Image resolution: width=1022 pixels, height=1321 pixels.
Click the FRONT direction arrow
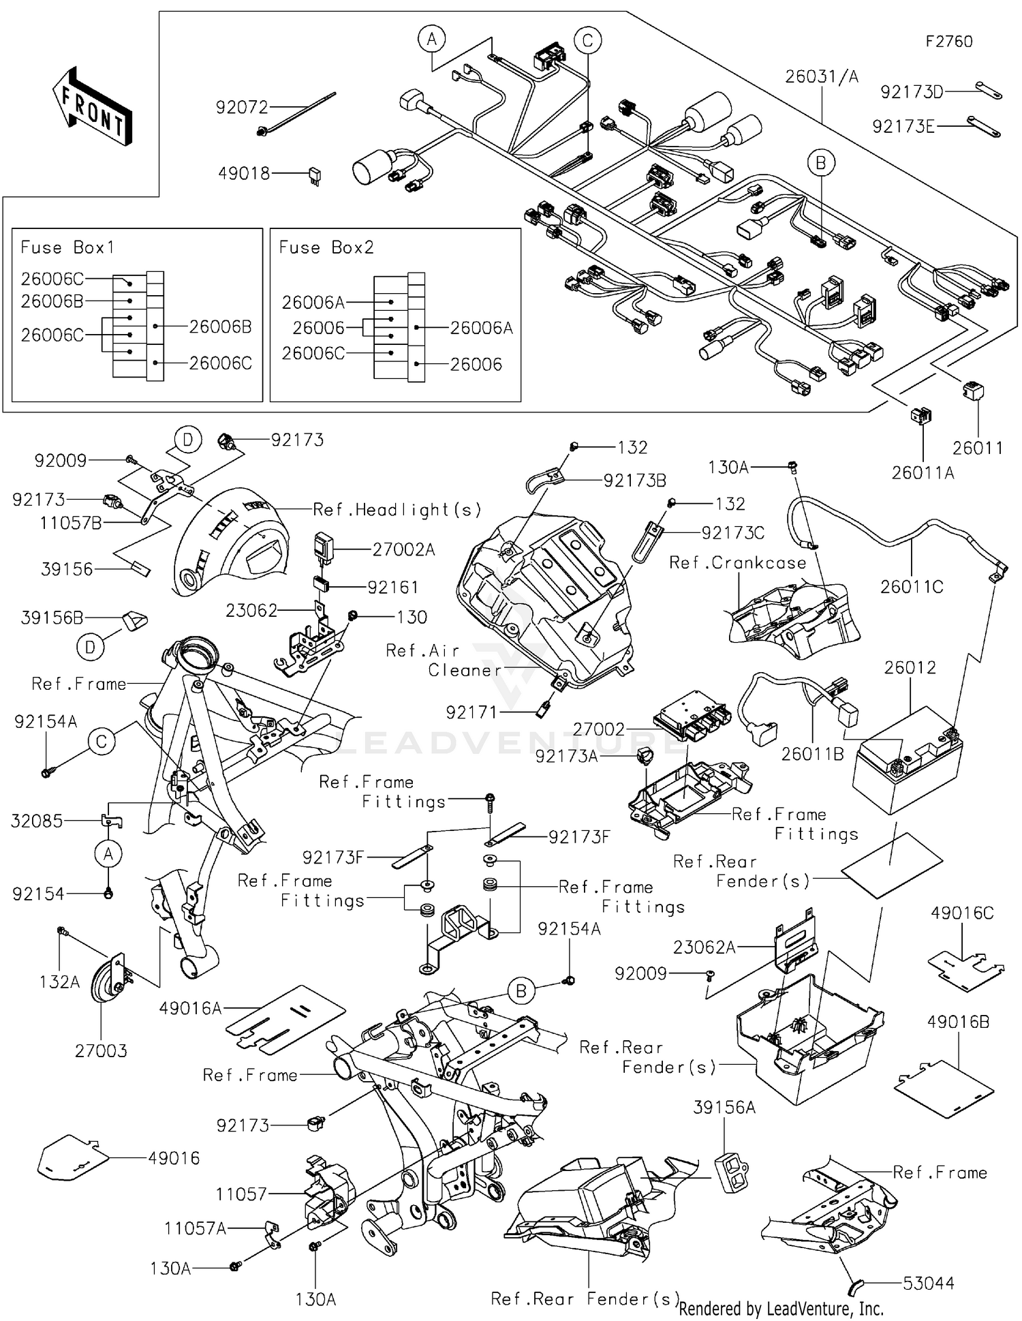tap(93, 106)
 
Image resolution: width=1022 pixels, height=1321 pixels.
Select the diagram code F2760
tap(948, 42)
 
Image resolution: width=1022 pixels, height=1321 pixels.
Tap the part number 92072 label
tap(242, 107)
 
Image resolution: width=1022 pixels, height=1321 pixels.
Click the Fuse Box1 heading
tap(67, 247)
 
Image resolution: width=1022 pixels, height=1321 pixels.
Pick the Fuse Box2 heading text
tap(326, 247)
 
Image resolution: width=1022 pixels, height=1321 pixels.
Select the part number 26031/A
tap(822, 76)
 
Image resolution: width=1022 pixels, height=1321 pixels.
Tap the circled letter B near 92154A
tap(521, 991)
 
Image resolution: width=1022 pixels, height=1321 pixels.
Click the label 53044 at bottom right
tap(928, 1284)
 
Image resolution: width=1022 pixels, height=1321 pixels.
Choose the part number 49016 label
tap(174, 1158)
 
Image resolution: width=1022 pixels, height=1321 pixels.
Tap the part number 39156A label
tap(724, 1108)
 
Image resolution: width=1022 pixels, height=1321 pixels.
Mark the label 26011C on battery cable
tap(911, 587)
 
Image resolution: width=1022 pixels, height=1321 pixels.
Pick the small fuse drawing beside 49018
tap(315, 176)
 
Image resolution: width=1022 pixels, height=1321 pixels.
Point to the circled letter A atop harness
tap(431, 40)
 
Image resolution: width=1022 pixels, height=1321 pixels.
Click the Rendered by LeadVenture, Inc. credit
tap(781, 1308)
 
